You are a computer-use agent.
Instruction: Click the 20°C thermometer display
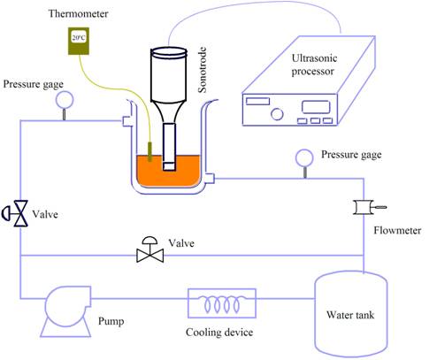tap(79, 37)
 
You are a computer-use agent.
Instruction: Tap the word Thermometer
tap(78, 13)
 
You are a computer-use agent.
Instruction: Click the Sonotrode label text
tap(203, 70)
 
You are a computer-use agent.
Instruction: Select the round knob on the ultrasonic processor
tap(277, 114)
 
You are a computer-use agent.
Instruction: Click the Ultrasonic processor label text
tap(314, 65)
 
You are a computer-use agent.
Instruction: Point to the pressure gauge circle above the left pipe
tap(65, 100)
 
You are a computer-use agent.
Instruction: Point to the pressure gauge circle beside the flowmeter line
tap(304, 157)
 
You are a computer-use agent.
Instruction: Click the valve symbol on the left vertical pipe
tap(16, 213)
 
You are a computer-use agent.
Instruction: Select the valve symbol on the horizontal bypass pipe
tap(150, 250)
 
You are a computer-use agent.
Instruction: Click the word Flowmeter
tap(397, 230)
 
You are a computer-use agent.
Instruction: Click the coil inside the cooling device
tap(222, 303)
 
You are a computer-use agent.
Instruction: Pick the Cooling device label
tap(219, 333)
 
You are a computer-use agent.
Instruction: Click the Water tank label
tap(350, 315)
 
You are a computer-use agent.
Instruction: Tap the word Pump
tap(111, 321)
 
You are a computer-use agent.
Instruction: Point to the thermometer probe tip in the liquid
tap(149, 152)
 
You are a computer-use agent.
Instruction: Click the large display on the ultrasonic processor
tap(316, 107)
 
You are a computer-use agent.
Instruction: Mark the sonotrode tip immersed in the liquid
tap(169, 166)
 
